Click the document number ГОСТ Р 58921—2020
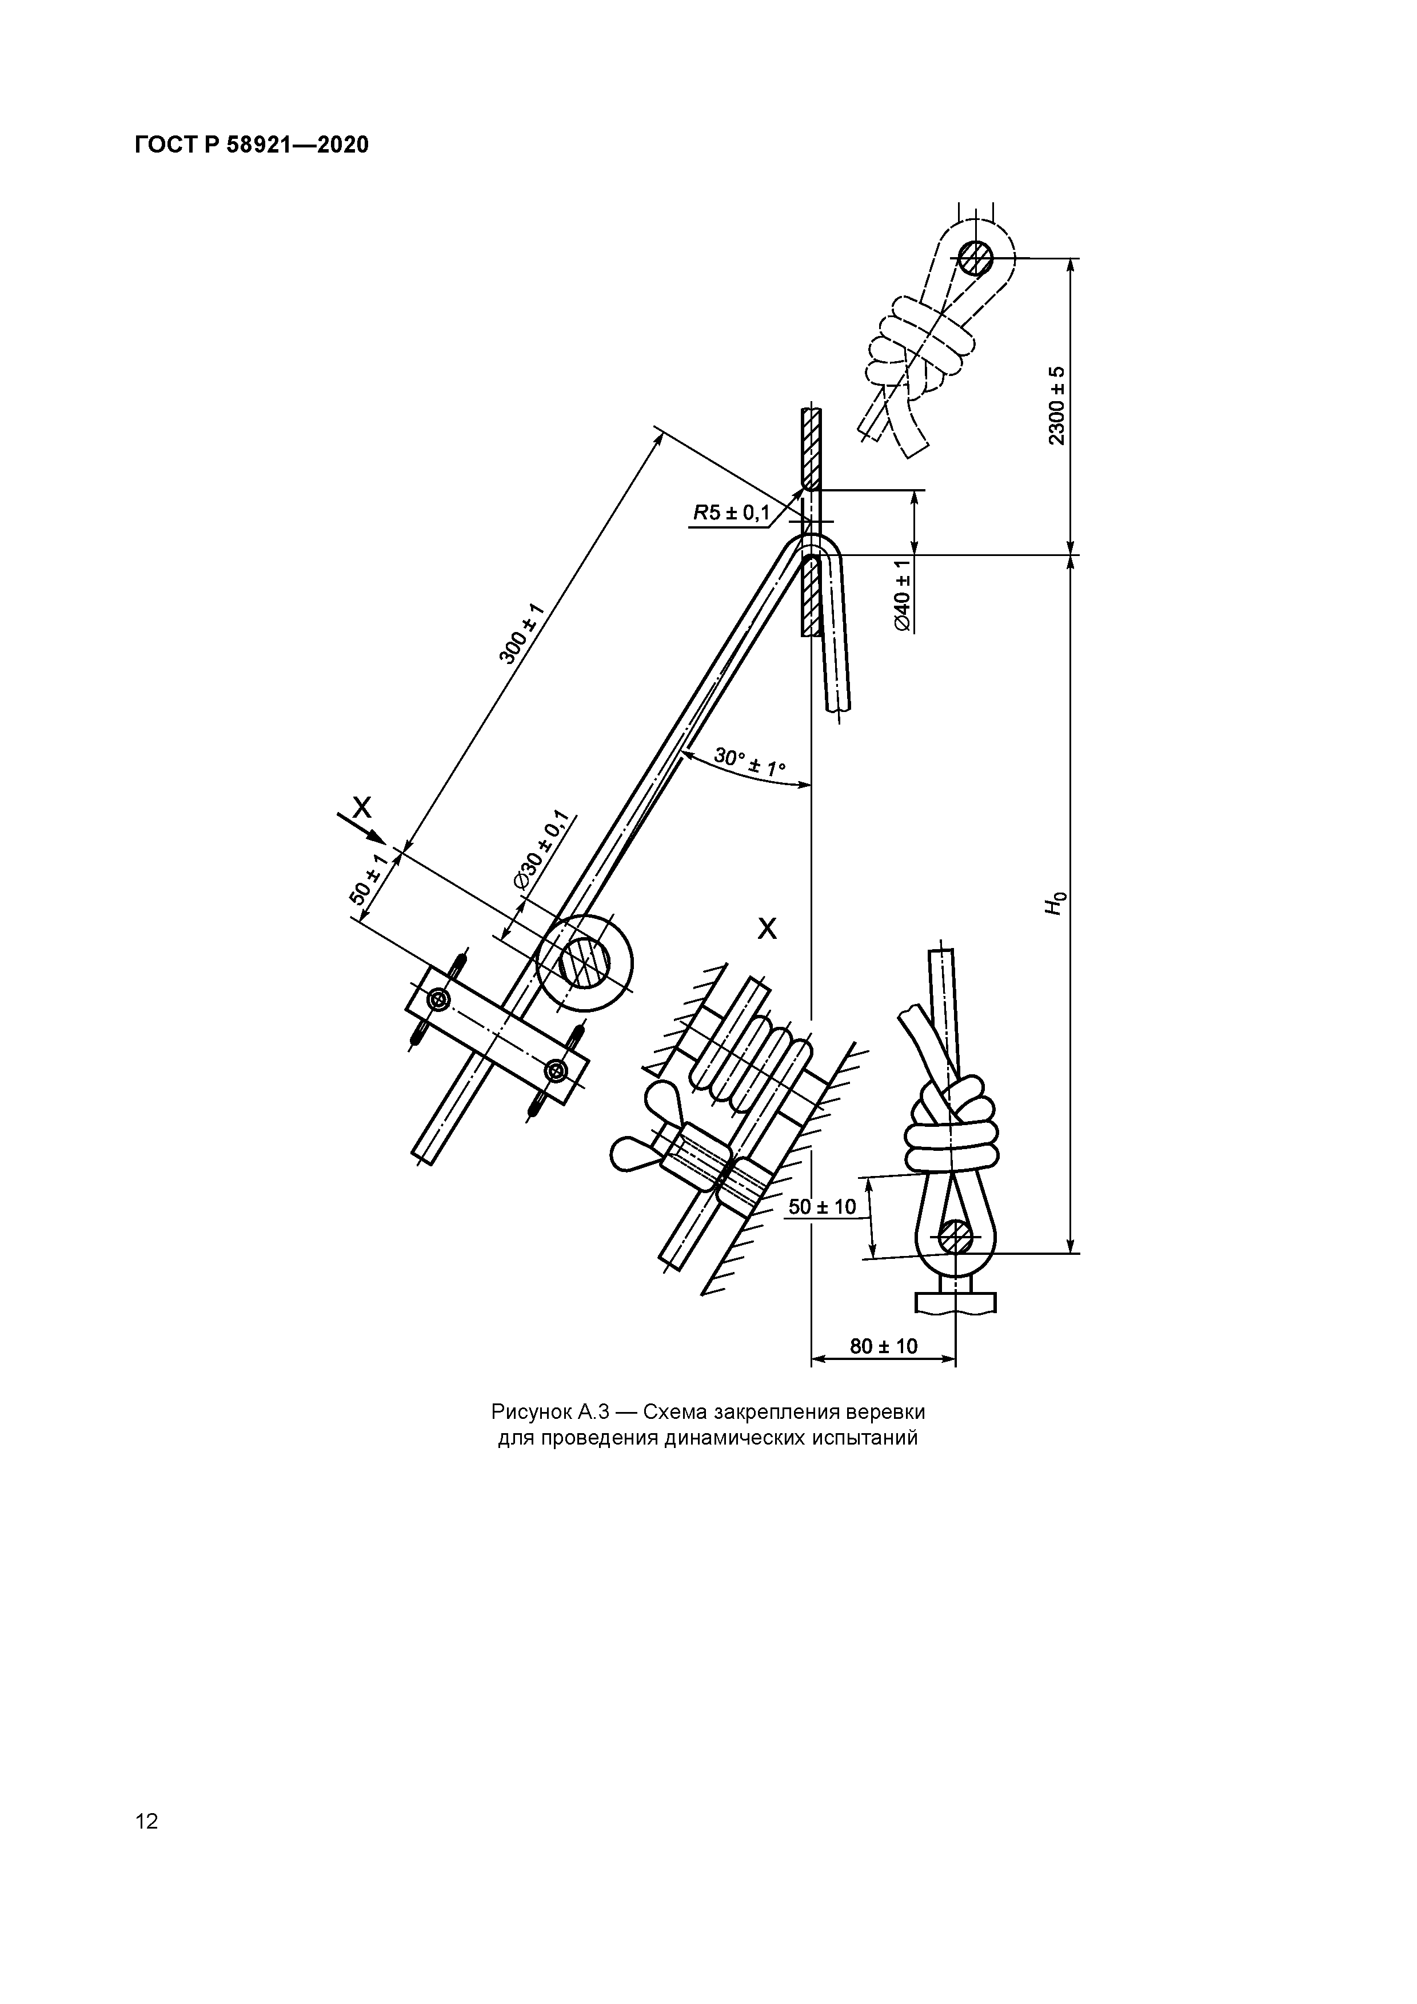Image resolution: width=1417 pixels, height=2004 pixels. tap(252, 145)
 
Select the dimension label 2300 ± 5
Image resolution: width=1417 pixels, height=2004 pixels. tap(1057, 405)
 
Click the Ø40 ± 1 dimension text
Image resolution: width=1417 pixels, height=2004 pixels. tap(903, 595)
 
